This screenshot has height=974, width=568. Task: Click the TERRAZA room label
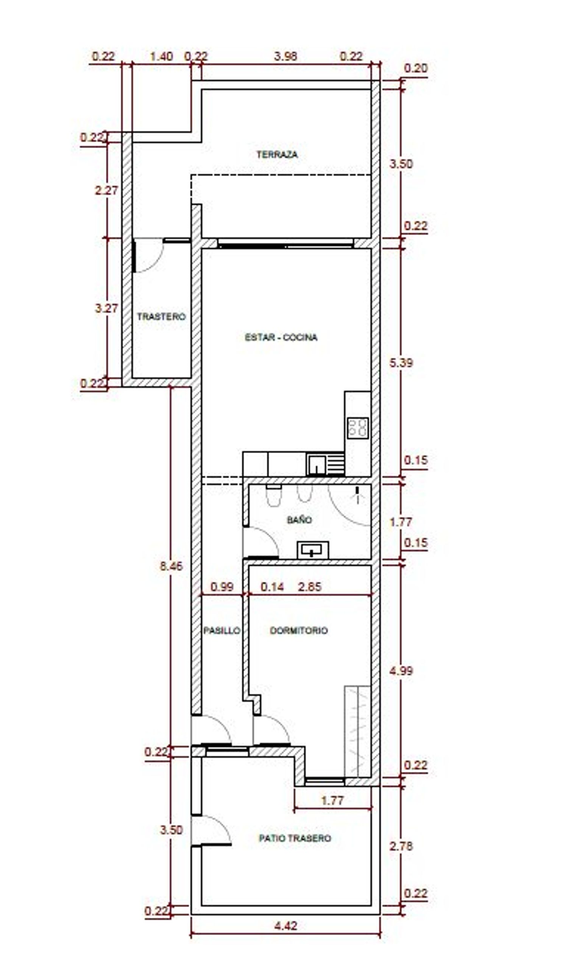(277, 155)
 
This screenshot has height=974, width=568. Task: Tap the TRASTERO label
(161, 317)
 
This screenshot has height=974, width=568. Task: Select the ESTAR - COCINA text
(281, 337)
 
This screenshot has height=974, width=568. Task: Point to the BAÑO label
(300, 520)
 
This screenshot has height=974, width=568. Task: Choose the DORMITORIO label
(299, 631)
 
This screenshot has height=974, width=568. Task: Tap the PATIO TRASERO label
(295, 838)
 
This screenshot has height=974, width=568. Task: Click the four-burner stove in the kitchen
(357, 428)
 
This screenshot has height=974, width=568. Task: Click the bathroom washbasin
(313, 550)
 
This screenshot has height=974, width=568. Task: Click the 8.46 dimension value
(172, 566)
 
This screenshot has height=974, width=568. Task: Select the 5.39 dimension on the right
(401, 362)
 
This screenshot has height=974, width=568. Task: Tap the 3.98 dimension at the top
(286, 56)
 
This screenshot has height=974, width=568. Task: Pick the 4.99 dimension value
(401, 671)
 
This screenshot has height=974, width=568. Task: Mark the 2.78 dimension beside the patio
(401, 846)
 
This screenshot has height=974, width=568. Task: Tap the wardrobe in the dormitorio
(357, 732)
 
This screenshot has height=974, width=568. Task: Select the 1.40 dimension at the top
(161, 56)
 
